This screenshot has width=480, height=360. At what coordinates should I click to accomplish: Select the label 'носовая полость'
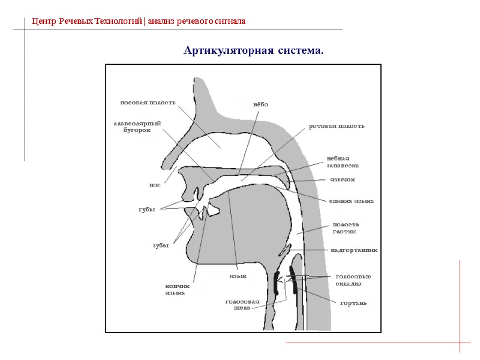point(148,102)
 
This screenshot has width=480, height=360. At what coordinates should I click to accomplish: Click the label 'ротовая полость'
point(336,127)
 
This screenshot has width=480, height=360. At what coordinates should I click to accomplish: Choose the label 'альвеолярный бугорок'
point(137,127)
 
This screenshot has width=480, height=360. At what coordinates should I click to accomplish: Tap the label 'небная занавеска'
point(343,161)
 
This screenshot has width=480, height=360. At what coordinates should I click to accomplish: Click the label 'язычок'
point(343,179)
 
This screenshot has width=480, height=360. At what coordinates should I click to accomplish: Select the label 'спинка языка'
point(351,201)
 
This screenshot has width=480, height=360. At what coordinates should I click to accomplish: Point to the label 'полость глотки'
point(345,227)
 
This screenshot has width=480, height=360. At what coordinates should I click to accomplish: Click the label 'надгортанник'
point(353,250)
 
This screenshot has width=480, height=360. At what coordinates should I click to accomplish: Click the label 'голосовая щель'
point(242,304)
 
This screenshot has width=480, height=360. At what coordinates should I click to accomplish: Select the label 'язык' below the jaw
point(238,277)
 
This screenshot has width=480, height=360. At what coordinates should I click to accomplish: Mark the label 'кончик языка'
point(177,290)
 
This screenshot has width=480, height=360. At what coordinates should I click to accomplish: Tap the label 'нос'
point(154,185)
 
